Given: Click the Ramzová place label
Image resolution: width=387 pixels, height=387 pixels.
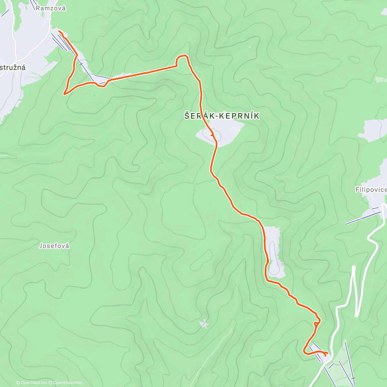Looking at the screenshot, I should [51, 8].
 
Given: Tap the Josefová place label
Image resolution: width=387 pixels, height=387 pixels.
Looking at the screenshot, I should [54, 246].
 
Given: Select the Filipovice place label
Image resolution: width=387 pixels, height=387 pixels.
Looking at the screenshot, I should [371, 190].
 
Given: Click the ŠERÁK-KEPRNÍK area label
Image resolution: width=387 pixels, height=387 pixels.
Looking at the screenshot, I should [222, 116].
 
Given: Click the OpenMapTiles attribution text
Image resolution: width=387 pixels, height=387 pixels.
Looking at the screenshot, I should [32, 383].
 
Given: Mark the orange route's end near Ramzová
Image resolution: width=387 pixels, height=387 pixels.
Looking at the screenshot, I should [59, 31].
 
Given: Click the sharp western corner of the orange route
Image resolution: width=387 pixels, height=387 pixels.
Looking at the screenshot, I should [64, 94].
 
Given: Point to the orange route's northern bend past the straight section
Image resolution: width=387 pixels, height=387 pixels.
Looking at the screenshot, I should [182, 56].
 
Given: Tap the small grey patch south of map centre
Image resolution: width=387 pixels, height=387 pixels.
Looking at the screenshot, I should [203, 323].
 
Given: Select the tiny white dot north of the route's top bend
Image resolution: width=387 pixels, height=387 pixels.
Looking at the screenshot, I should [250, 47].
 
